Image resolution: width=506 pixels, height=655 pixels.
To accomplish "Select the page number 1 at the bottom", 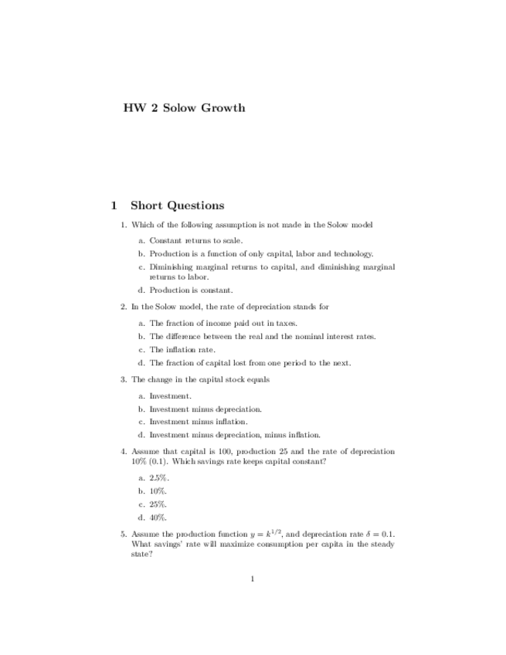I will tap(253, 579).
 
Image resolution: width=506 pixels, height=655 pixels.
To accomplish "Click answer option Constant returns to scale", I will tap(196, 241).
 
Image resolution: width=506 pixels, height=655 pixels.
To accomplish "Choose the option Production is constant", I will tap(191, 290).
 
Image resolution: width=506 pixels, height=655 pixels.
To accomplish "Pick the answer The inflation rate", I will tap(182, 350).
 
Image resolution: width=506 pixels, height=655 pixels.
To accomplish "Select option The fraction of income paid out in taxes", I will tap(223, 324).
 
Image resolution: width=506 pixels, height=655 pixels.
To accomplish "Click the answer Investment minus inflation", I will tap(199, 422).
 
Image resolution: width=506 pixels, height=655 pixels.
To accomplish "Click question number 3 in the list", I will tap(123, 379).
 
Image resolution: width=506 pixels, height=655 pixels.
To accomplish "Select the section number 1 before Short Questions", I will tap(114, 205).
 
